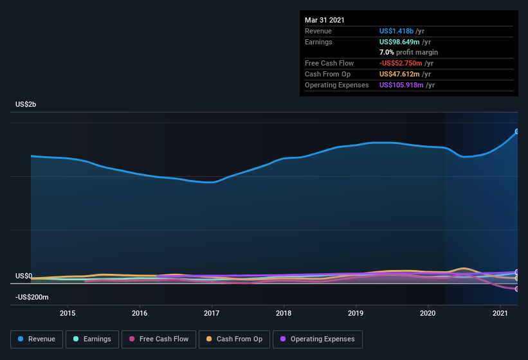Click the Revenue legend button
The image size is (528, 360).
point(37,339)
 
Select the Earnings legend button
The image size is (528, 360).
point(92,339)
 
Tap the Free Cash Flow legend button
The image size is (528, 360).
point(159,339)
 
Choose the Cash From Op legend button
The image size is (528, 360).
point(235,339)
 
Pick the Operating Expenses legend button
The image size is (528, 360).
point(317,339)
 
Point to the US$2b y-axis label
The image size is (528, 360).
point(26,104)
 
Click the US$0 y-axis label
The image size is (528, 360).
point(24,276)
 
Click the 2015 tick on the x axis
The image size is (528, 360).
point(68,313)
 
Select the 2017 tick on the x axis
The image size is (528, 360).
point(212,313)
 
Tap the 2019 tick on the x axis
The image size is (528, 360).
point(356,313)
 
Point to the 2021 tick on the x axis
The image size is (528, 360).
point(500,313)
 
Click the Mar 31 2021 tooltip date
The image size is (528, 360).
point(325,20)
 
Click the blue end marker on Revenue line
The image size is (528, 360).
point(517,131)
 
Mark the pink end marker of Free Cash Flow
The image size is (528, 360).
point(517,289)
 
